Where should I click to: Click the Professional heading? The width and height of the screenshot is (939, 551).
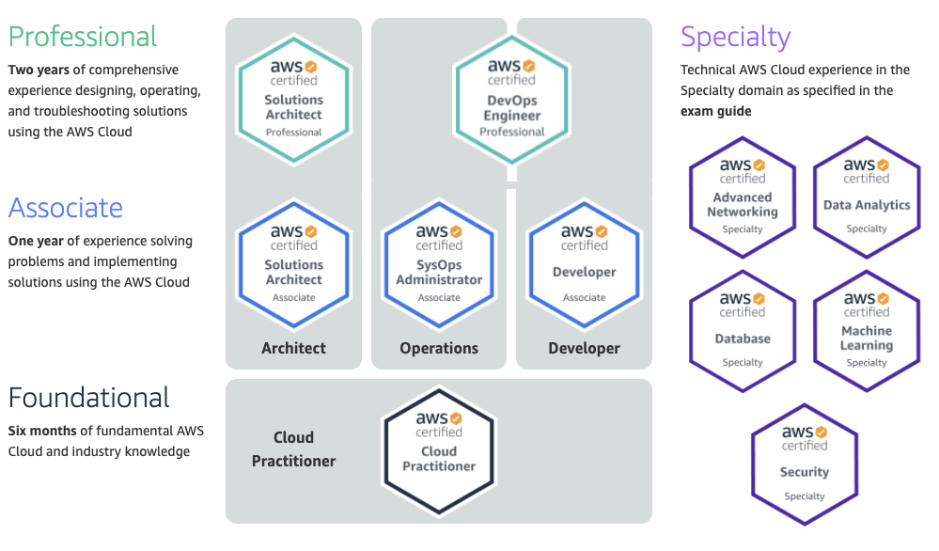click(x=83, y=37)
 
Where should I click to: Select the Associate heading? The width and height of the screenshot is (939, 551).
click(x=66, y=207)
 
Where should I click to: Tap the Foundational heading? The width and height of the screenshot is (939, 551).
click(x=89, y=397)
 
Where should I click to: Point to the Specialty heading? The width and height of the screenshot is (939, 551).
click(x=735, y=37)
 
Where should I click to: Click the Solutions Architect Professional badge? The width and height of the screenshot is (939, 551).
click(x=293, y=99)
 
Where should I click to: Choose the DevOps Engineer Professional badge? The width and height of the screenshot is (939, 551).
click(x=512, y=99)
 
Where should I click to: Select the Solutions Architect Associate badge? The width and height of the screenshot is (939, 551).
click(x=293, y=264)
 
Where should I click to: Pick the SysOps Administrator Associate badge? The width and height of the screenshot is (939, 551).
click(x=439, y=264)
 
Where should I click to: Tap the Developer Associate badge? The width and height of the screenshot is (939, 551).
click(x=585, y=264)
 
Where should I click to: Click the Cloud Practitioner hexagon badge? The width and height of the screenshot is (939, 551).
click(x=439, y=450)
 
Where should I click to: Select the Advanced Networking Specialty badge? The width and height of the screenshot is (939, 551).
click(x=743, y=197)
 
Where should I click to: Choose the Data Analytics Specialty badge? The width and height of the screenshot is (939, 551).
click(x=867, y=197)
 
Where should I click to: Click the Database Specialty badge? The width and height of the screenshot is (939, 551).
click(x=743, y=330)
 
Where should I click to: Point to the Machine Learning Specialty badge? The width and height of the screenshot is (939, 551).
click(x=867, y=330)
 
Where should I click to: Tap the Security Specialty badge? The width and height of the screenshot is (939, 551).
click(x=805, y=464)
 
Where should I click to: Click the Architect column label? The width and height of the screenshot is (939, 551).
click(x=293, y=348)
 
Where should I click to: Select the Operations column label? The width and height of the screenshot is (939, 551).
click(x=439, y=348)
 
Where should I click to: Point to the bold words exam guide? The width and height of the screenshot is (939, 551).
click(x=715, y=111)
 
